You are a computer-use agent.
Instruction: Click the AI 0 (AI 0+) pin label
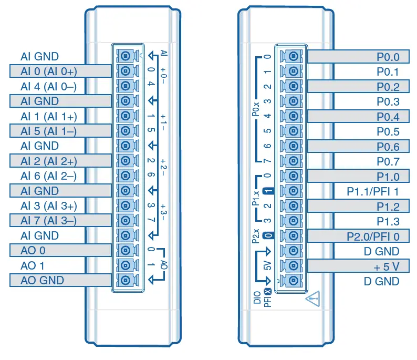click(x=48, y=71)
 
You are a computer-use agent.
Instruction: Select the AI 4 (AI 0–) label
click(x=48, y=86)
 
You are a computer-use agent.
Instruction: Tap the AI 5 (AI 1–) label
click(x=48, y=131)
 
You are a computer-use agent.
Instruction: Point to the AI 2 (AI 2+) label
click(x=48, y=161)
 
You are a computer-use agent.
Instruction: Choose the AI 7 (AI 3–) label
click(x=48, y=221)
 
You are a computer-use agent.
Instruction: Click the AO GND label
click(x=42, y=281)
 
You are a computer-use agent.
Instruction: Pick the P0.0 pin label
click(x=388, y=57)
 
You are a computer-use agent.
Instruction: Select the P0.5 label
click(x=388, y=132)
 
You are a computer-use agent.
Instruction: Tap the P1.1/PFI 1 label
click(x=373, y=192)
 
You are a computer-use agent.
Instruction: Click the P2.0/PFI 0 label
click(x=373, y=236)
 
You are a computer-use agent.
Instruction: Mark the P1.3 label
click(x=388, y=222)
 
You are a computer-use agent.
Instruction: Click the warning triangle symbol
click(x=312, y=300)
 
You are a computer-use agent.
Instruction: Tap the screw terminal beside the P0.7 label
click(x=293, y=161)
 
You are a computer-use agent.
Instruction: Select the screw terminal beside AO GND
click(x=126, y=281)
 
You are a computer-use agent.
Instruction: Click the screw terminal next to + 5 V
click(x=293, y=266)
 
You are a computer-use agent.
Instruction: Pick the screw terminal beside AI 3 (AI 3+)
click(x=126, y=206)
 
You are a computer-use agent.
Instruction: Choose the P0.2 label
click(x=388, y=87)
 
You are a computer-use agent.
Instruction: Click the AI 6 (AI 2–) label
click(x=48, y=176)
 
